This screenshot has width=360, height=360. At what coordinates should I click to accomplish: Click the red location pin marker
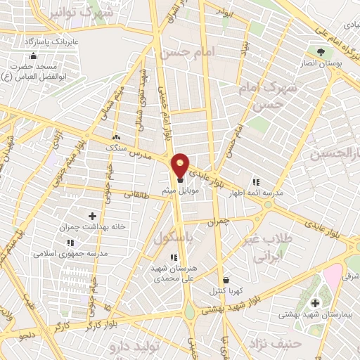coord(181,165)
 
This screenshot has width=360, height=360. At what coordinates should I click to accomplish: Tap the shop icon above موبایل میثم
coord(181,179)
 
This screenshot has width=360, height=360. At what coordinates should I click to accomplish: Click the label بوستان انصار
coord(321,63)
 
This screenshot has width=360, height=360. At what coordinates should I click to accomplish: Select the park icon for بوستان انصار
coord(321,51)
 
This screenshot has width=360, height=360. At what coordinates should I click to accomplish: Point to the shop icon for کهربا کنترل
coord(224,280)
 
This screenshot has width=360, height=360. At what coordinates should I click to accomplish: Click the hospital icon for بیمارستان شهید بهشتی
coord(314,303)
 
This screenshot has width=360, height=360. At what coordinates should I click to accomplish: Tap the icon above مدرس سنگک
coord(116,138)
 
